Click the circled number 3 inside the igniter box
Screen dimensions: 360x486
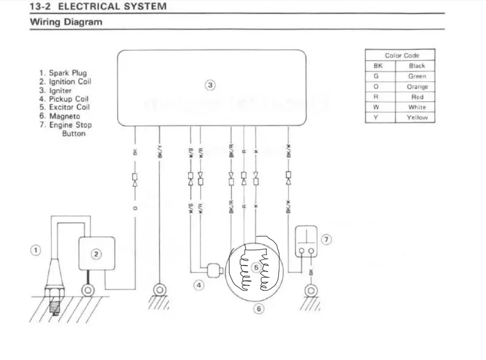[x=210, y=85]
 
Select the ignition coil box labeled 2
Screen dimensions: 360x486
[x=96, y=254]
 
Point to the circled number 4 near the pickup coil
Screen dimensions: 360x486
[x=199, y=286]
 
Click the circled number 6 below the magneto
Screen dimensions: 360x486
[x=259, y=309]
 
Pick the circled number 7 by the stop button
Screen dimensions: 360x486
[x=326, y=240]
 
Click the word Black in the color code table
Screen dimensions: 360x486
[x=417, y=66]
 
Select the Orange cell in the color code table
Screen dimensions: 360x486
[x=417, y=87]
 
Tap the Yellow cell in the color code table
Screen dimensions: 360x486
[x=417, y=118]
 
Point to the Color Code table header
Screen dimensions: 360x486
[x=402, y=55]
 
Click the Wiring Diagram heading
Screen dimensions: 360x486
[x=66, y=22]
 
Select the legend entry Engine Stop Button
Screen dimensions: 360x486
[x=70, y=129]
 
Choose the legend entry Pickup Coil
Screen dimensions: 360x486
[x=69, y=99]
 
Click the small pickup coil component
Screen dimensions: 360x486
[x=214, y=270]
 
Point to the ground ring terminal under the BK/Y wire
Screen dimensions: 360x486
[x=159, y=289]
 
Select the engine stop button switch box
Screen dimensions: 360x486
[x=306, y=242]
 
